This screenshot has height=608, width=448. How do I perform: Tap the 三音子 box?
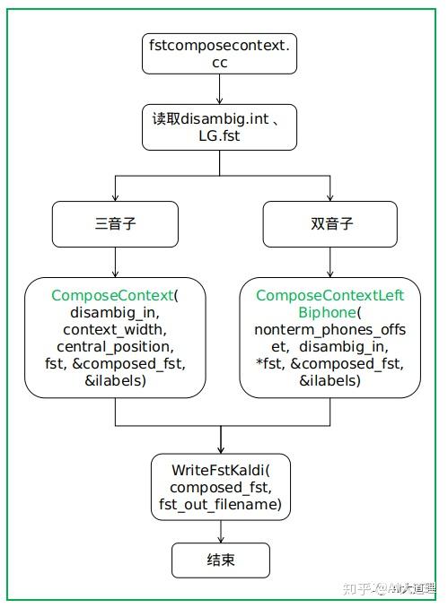[115, 223]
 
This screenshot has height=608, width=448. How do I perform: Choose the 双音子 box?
[329, 223]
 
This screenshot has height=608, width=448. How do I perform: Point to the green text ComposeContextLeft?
[329, 296]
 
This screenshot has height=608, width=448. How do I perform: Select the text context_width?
[115, 330]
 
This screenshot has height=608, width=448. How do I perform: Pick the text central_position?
[115, 347]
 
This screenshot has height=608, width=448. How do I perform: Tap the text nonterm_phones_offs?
[329, 330]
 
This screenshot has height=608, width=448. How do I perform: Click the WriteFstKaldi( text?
[220, 471]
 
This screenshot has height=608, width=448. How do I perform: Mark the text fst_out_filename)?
[220, 505]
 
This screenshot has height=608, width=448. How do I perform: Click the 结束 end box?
[220, 561]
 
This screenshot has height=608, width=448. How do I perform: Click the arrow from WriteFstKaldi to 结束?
[220, 532]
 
